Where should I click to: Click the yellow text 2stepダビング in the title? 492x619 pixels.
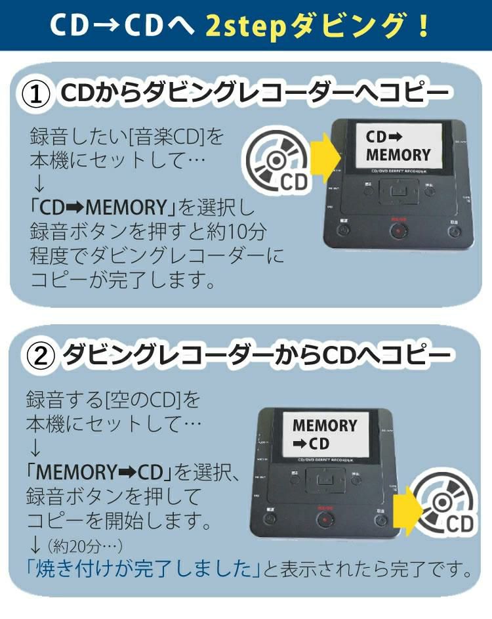(x=318, y=26)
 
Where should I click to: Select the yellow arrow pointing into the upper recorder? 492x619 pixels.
(x=325, y=156)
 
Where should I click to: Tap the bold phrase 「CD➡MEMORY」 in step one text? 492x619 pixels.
(x=104, y=208)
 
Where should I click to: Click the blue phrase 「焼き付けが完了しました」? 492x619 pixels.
(x=139, y=568)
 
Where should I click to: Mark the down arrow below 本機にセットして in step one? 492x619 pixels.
(x=37, y=183)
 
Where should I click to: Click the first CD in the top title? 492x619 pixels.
(x=70, y=26)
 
